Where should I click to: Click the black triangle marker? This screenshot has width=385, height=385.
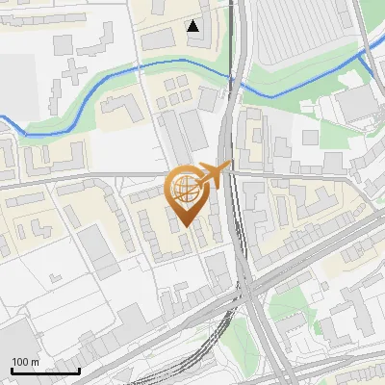(194, 26)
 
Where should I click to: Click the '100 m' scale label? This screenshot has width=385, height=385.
(25, 362)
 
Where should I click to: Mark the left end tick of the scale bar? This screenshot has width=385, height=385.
(12, 371)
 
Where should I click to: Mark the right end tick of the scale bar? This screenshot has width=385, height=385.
(79, 371)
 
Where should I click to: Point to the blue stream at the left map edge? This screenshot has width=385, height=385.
(3, 119)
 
